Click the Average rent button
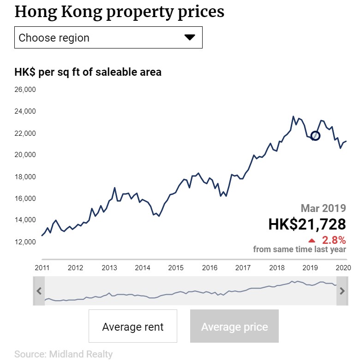point(133,327)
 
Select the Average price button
point(234,327)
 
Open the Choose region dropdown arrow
point(190,37)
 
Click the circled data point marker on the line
point(316,136)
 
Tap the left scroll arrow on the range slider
point(39,291)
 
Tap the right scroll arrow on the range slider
point(342,291)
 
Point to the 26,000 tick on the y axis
point(25,90)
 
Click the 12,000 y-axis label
point(25,242)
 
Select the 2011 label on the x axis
point(42,268)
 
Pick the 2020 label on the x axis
point(343,268)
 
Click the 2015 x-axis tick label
point(176,268)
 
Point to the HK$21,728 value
point(307,224)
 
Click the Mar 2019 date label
point(323,208)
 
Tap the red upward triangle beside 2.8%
point(312,240)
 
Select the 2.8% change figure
point(334,240)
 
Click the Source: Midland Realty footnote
point(63,354)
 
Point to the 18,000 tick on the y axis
point(25,177)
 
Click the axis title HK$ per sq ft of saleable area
point(88,72)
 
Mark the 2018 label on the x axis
point(276,268)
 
